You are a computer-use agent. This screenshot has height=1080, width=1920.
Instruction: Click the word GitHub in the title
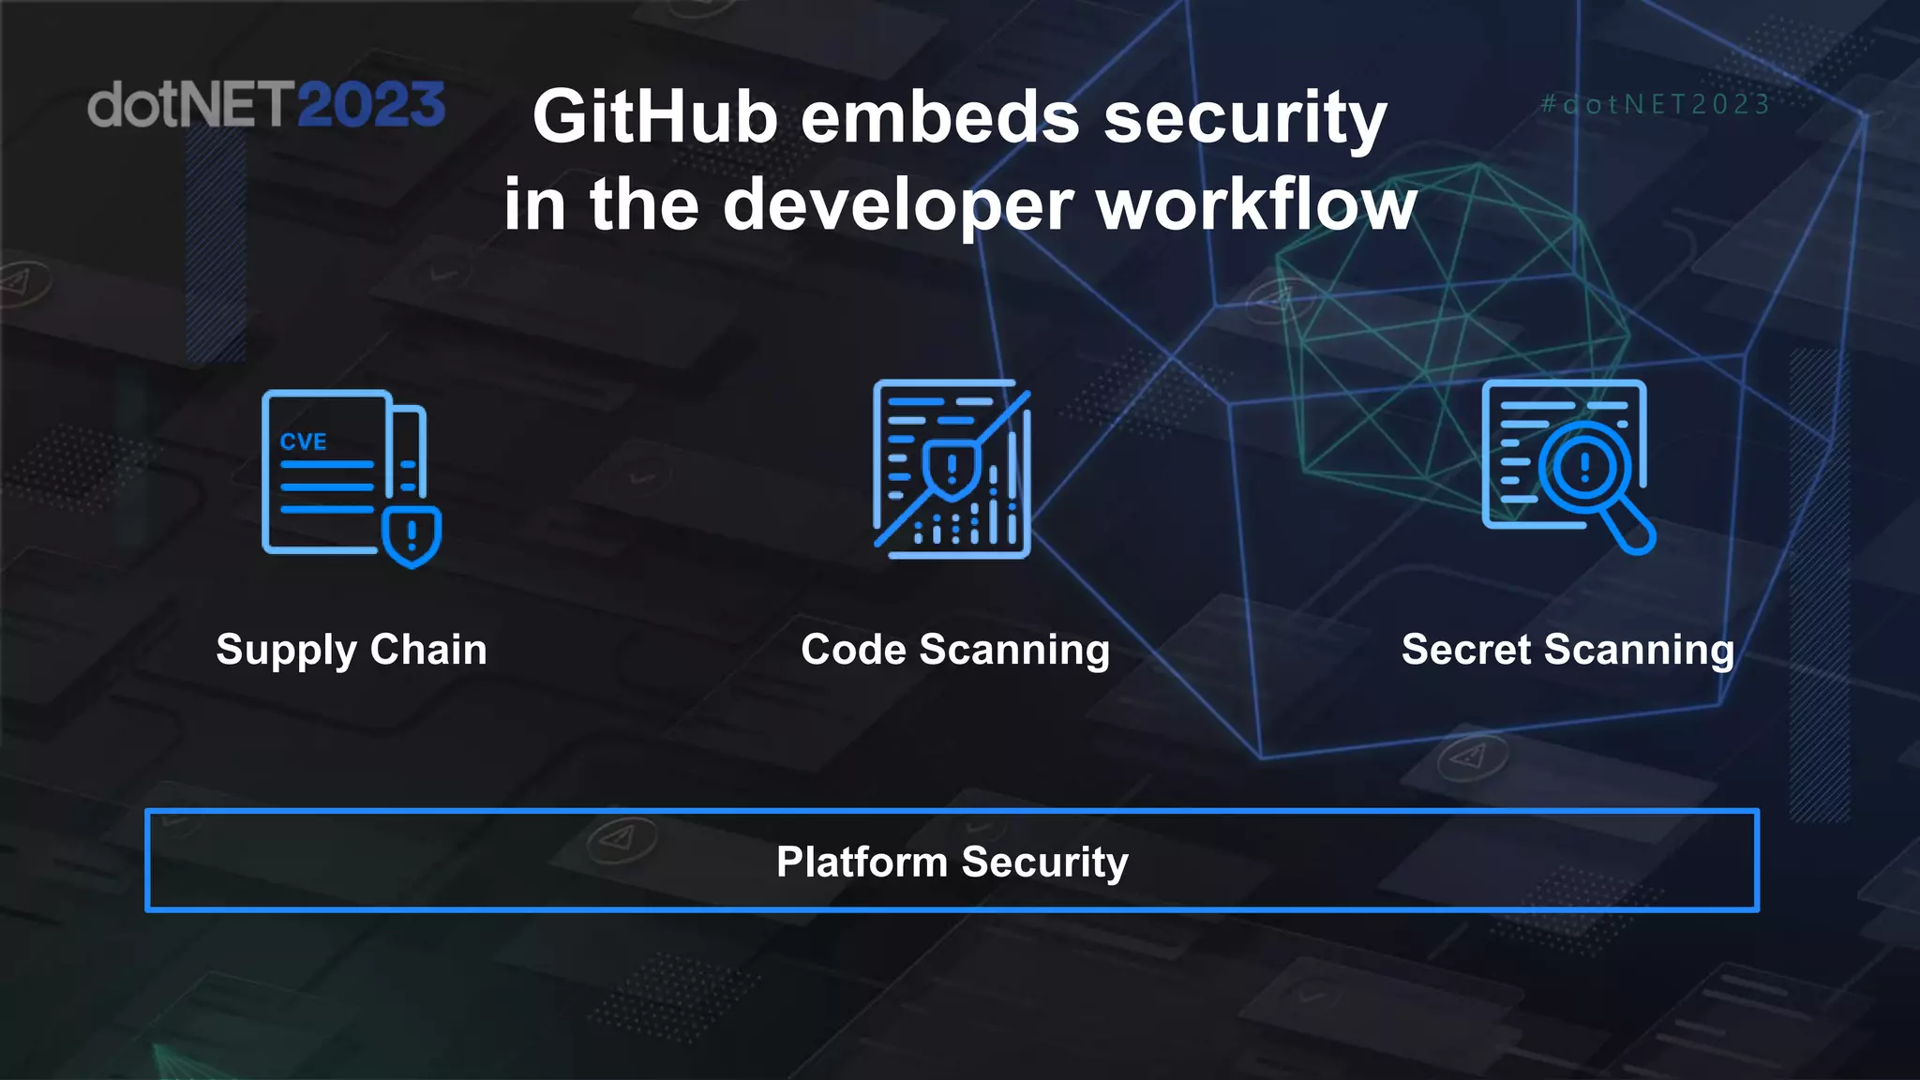(655, 117)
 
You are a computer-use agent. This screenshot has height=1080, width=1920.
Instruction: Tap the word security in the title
(1244, 119)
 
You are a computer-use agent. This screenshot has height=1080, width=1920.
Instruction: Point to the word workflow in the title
(1256, 204)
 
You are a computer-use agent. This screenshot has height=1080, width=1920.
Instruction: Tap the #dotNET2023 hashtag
(1656, 104)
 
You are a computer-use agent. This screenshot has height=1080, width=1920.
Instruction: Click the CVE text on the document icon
(303, 442)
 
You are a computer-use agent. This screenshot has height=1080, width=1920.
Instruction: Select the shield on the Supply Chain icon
(412, 537)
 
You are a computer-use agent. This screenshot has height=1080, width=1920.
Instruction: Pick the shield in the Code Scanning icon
(951, 468)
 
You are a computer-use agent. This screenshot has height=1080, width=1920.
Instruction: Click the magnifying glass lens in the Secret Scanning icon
(1584, 466)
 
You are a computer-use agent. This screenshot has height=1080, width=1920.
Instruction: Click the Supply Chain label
(352, 650)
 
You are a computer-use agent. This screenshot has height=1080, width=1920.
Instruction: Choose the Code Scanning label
(955, 650)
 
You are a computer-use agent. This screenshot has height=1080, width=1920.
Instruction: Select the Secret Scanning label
(1567, 650)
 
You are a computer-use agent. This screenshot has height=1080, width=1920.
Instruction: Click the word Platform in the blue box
(862, 862)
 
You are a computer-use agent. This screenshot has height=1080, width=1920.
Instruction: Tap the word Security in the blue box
(1044, 862)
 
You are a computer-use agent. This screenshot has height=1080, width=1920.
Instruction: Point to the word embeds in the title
(940, 117)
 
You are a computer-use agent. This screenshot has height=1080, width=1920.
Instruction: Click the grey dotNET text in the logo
(190, 104)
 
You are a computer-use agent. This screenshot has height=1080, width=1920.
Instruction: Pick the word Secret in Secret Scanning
(1468, 650)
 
